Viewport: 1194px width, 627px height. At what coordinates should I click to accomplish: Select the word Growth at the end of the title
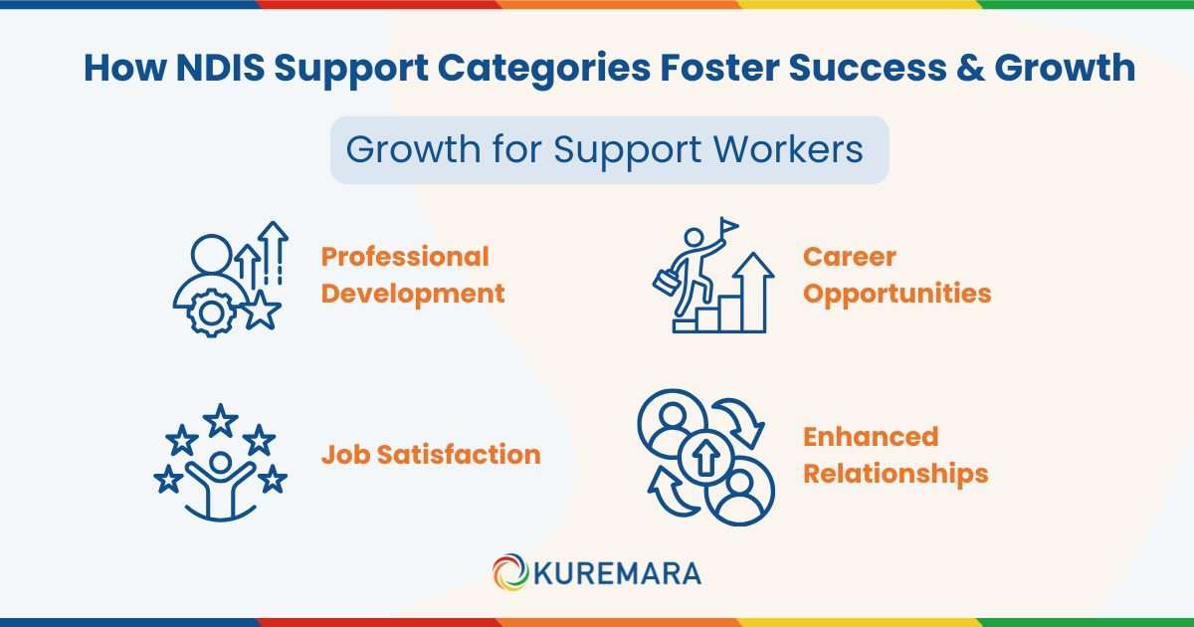(1063, 68)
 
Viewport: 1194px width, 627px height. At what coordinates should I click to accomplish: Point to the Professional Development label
(412, 275)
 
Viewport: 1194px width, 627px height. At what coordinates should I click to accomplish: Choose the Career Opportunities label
(896, 275)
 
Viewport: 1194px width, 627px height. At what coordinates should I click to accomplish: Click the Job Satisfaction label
(430, 455)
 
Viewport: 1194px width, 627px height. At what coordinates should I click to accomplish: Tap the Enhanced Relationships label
(895, 455)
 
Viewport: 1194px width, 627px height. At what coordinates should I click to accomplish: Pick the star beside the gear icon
(262, 311)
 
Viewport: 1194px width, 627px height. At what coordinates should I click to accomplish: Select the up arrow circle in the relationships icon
(704, 458)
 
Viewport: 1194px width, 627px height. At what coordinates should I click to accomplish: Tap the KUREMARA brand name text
(617, 573)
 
